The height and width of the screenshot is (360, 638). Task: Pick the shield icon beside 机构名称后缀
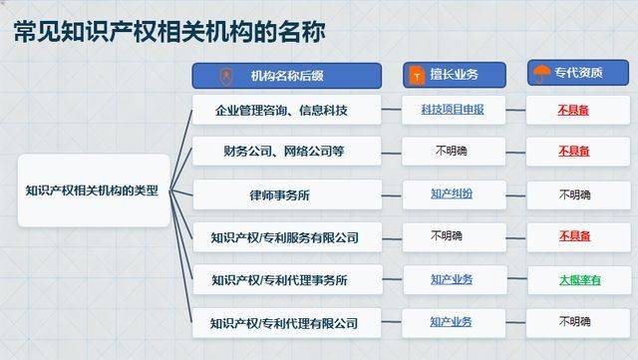click(x=226, y=76)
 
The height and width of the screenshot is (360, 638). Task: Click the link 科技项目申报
click(x=452, y=110)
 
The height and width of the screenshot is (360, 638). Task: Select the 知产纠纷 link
click(x=452, y=193)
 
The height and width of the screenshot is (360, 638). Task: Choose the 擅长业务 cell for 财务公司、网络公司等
click(x=452, y=152)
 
